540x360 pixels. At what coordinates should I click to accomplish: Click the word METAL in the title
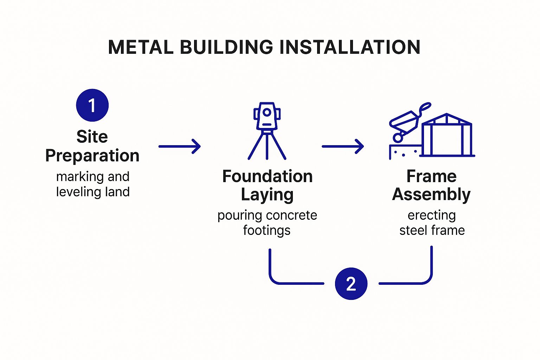141,47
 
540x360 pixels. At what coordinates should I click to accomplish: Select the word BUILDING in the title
226,47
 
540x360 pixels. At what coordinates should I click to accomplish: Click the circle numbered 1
92,105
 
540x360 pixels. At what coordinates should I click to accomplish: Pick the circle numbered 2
351,283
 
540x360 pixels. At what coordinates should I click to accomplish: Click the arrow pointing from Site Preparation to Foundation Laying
180,146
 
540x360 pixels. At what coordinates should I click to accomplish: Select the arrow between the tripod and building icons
343,146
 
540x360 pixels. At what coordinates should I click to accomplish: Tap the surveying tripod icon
267,131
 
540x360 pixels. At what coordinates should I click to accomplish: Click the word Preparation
92,155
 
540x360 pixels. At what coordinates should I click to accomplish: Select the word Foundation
267,176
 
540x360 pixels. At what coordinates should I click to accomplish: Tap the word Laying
267,195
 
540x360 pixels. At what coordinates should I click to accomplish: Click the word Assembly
431,194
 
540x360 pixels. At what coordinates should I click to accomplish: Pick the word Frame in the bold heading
431,176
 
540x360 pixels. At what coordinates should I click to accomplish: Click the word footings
267,231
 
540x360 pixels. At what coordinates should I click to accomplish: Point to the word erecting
432,215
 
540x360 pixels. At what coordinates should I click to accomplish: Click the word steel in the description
413,231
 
